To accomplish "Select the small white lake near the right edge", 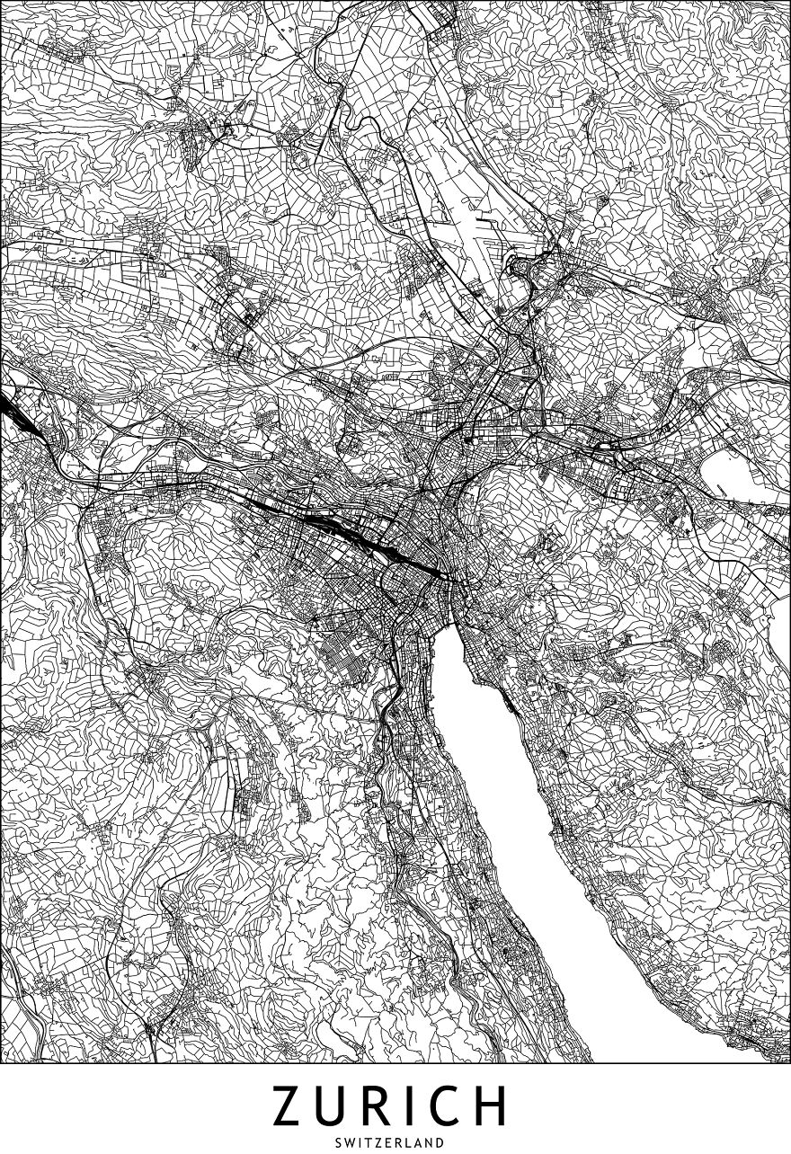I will point(730,470).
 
